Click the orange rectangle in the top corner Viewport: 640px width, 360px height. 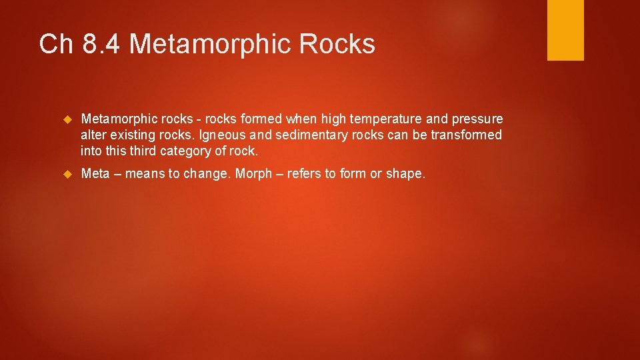(x=565, y=29)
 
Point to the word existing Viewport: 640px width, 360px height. (x=134, y=135)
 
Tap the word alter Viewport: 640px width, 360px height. (x=93, y=135)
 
